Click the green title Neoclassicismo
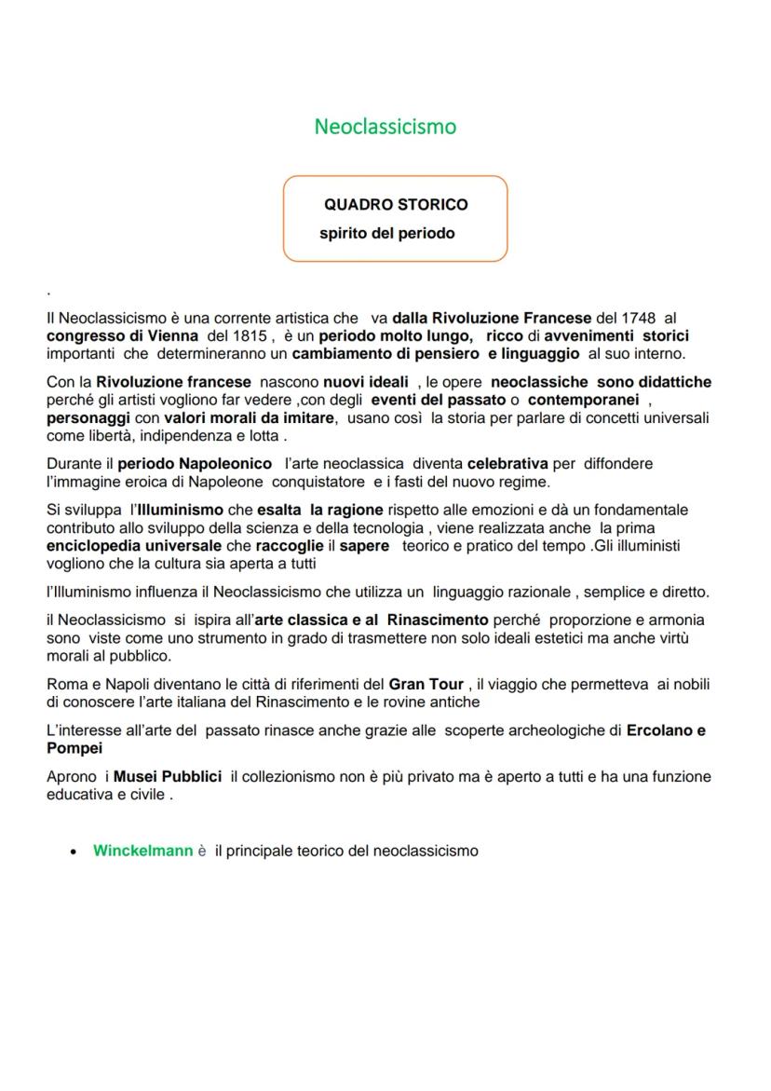tap(385, 126)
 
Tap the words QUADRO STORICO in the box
tap(396, 204)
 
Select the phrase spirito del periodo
tap(387, 233)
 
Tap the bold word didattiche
tap(675, 382)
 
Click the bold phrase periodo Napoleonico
tap(195, 463)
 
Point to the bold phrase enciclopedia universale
tap(134, 546)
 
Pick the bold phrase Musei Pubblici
tap(168, 776)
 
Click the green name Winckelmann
tap(142, 851)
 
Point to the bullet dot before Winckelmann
tap(74, 852)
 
